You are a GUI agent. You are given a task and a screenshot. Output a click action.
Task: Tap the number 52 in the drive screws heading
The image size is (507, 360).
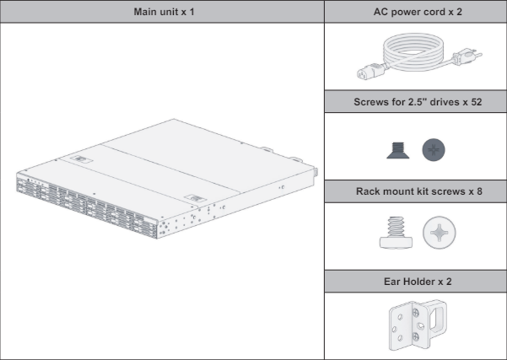pyautogui.click(x=470, y=100)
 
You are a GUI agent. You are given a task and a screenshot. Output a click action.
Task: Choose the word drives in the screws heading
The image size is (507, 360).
pyautogui.click(x=436, y=100)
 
